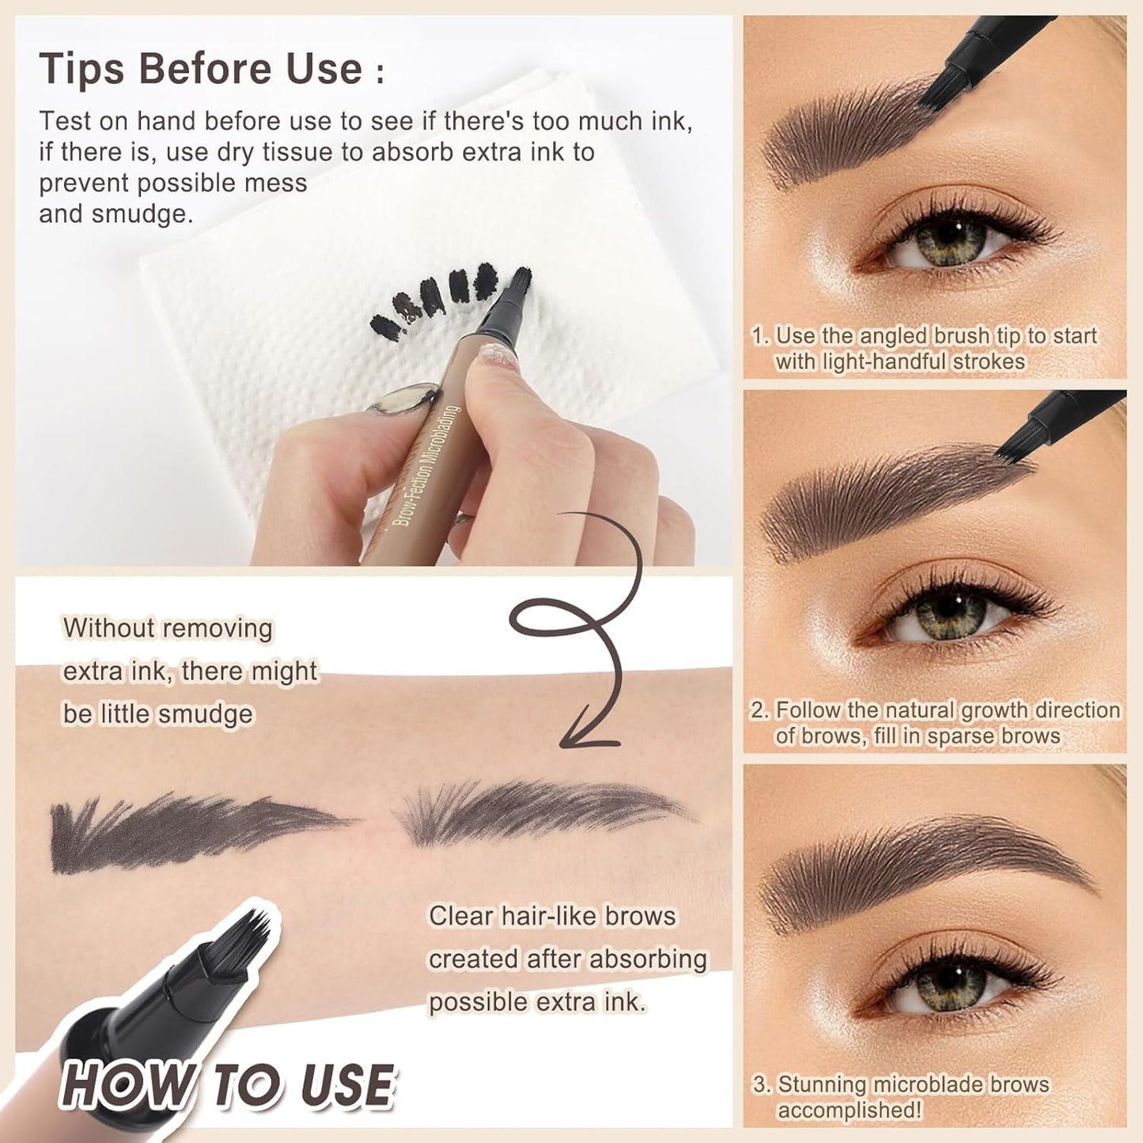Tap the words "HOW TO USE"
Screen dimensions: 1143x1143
click(227, 1084)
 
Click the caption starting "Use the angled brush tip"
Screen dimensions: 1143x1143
click(924, 348)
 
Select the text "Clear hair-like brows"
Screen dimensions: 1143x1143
click(552, 916)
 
